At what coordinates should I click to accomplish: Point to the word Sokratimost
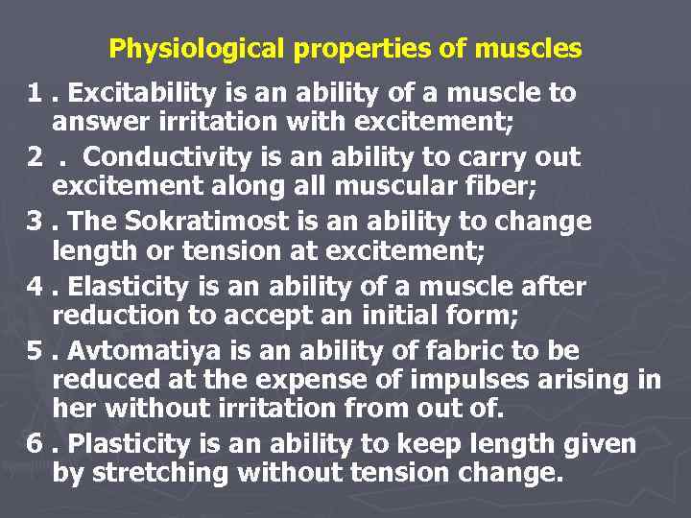coord(192,221)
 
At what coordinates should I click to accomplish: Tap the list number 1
coord(35,93)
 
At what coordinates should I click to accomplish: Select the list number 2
coord(35,156)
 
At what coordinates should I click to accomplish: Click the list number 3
coord(35,221)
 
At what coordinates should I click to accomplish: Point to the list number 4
coord(35,286)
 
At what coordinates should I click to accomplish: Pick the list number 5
coord(35,350)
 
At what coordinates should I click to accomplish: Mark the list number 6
coord(35,443)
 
